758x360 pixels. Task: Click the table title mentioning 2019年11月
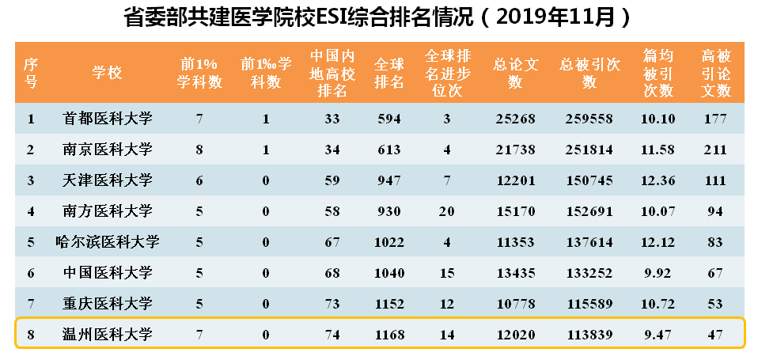point(378,17)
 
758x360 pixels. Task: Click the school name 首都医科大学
point(107,119)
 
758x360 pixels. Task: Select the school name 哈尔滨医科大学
point(107,242)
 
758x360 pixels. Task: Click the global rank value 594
point(388,119)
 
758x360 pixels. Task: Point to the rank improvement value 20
point(448,211)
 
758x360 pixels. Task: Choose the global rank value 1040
point(388,273)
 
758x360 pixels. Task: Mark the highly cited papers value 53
point(716,304)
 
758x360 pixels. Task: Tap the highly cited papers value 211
point(716,150)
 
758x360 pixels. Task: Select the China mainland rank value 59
point(332,181)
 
